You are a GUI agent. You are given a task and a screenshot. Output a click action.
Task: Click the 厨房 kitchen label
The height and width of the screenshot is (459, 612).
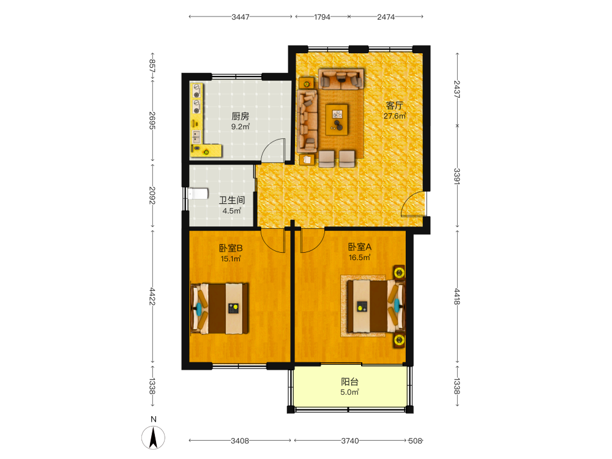(x=240, y=116)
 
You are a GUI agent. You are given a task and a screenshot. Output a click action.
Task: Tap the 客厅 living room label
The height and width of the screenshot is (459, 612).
(x=394, y=106)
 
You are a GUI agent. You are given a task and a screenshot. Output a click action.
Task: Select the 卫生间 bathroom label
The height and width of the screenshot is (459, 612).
(x=232, y=200)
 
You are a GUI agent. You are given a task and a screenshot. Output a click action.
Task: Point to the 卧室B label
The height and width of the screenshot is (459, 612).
(x=231, y=248)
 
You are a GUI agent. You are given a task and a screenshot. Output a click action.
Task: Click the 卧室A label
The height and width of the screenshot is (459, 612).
(x=359, y=247)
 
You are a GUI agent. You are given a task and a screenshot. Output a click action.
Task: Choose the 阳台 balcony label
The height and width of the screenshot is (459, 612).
(x=349, y=382)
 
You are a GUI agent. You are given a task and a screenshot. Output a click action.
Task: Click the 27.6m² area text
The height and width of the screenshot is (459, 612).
(x=395, y=116)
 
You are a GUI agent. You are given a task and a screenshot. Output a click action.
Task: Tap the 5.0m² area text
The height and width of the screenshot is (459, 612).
(x=349, y=392)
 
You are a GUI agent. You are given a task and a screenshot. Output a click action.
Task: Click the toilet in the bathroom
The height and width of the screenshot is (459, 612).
(x=198, y=193)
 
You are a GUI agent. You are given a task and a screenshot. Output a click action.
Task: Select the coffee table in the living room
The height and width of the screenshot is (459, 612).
(x=337, y=119)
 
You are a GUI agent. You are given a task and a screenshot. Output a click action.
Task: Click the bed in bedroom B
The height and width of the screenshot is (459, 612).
(x=220, y=308)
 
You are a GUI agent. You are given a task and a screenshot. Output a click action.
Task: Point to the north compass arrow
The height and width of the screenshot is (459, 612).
(x=154, y=438)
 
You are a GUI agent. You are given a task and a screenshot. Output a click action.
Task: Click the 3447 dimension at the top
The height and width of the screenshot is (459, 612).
(x=240, y=17)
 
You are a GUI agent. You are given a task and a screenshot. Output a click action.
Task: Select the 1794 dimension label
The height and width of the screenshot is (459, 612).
(x=322, y=17)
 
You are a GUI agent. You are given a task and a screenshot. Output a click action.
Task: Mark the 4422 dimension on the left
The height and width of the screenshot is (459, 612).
(x=152, y=297)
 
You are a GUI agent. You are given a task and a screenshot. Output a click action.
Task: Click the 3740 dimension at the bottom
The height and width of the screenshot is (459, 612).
(x=349, y=441)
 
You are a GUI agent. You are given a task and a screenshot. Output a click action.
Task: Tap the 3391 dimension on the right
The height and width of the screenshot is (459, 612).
(x=457, y=176)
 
